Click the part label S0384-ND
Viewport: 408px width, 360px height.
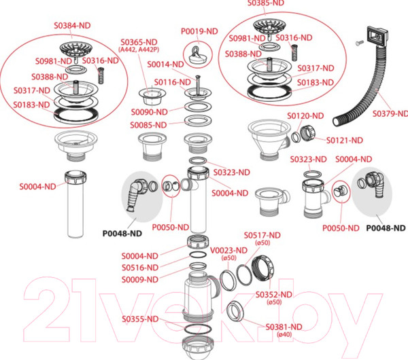point(72,26)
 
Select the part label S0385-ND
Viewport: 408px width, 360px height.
point(266,3)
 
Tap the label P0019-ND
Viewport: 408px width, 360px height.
point(199,31)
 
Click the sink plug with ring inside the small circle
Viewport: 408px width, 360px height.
point(197,56)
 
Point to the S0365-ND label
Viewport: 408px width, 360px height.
point(139,42)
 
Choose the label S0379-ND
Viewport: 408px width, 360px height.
point(390,113)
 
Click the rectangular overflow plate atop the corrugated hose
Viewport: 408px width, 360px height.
point(377,35)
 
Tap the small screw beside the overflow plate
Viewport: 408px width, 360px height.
point(359,43)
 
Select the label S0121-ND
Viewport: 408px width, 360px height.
point(345,141)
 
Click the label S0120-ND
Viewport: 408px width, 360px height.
point(305,115)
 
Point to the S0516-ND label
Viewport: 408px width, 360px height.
point(140,268)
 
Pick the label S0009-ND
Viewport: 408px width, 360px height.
point(140,279)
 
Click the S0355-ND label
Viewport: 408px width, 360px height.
point(140,319)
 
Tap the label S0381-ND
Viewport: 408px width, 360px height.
point(284,327)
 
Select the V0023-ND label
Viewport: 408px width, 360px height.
point(228,251)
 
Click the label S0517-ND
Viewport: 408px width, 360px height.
point(262,235)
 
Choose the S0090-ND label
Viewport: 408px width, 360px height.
point(150,112)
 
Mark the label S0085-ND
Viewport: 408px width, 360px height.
point(148,125)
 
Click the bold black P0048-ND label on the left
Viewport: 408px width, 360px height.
point(122,234)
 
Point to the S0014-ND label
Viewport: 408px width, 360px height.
point(165,65)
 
